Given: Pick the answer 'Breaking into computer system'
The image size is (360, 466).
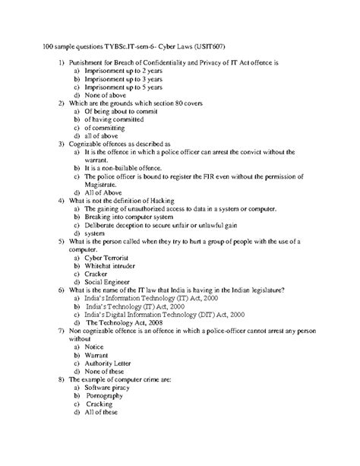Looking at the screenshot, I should pyautogui.click(x=125, y=217).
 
